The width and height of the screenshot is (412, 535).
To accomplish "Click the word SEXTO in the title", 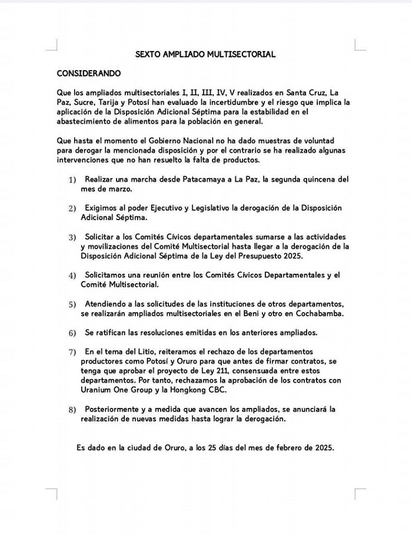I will (147, 54).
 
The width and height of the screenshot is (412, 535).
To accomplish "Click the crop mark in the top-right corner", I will (360, 45).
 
